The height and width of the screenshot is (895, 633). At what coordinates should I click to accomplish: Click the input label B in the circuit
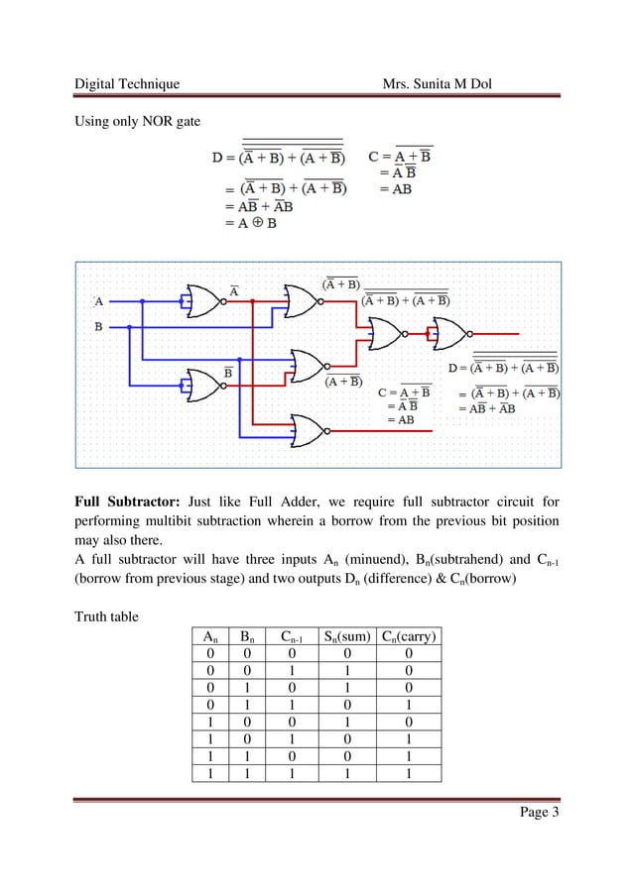[x=98, y=325]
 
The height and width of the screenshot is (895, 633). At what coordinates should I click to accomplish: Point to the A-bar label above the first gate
[x=234, y=289]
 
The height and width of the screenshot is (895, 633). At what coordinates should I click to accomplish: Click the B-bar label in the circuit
[x=227, y=372]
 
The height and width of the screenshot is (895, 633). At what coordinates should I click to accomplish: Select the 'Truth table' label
[x=107, y=617]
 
